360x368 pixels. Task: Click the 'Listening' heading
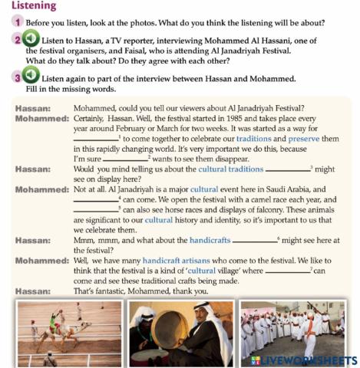pos(33,6)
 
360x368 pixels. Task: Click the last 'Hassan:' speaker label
pos(33,291)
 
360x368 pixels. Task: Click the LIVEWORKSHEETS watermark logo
pos(302,360)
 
